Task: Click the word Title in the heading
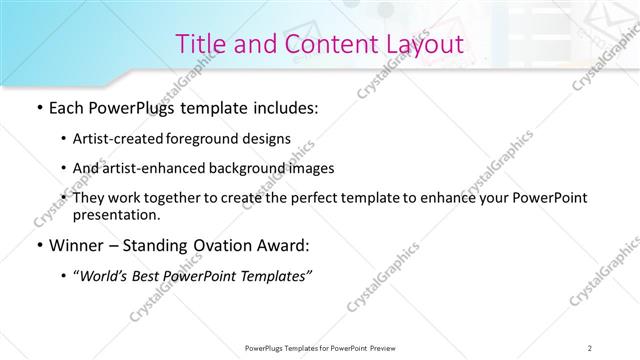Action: pyautogui.click(x=200, y=44)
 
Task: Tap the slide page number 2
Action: pyautogui.click(x=590, y=347)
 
